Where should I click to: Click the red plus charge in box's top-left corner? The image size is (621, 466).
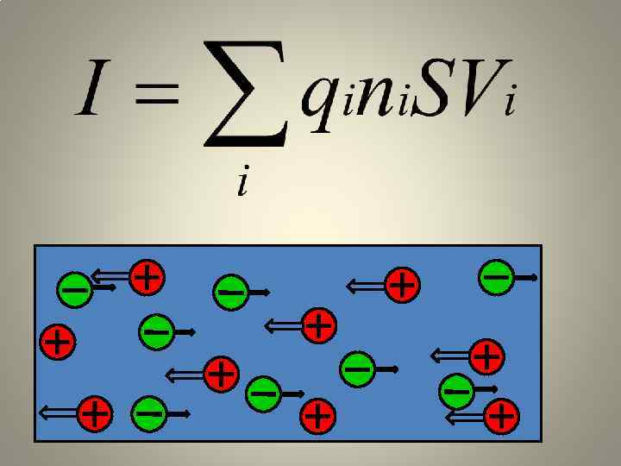coord(147,277)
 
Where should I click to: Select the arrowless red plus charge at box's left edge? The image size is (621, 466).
coord(58,341)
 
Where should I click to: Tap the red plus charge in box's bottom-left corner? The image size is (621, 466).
coord(95,414)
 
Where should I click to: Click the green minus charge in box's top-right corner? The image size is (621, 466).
coord(496,277)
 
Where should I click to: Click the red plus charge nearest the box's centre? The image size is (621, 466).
coord(319,325)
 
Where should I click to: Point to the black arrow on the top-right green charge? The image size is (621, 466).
coord(526,278)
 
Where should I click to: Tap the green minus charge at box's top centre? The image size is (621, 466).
coord(231,292)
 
